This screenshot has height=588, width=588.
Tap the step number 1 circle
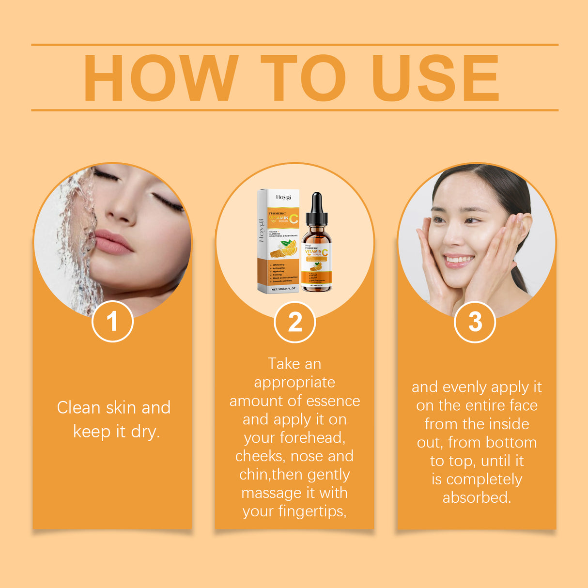[x=112, y=322]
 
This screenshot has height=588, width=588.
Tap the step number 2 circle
[x=294, y=322]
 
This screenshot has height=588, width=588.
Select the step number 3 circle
[x=475, y=322]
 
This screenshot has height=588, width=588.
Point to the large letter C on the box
[x=294, y=219]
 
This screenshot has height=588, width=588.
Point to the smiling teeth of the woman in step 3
[x=458, y=260]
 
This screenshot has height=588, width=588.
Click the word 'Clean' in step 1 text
[x=78, y=407]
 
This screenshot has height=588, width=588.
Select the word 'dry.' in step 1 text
[x=144, y=431]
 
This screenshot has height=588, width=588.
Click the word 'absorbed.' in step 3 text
[x=477, y=497]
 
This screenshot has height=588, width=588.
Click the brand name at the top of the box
[x=284, y=197]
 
